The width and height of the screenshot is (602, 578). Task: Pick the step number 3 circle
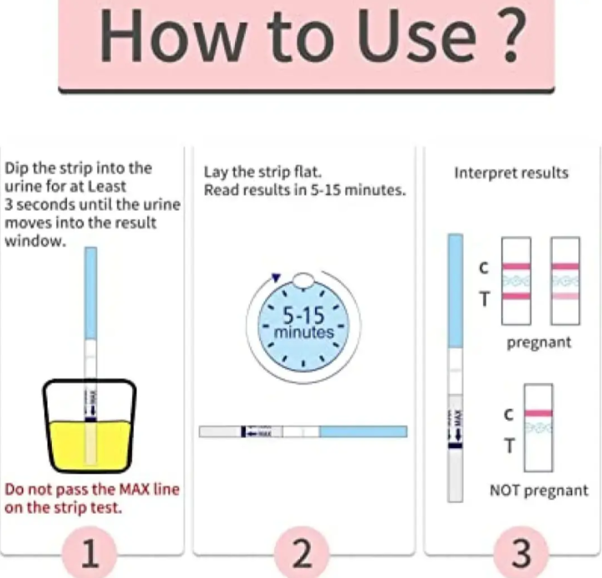click(520, 553)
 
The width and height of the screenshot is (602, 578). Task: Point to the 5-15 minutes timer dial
click(304, 324)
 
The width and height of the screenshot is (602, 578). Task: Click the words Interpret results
click(511, 173)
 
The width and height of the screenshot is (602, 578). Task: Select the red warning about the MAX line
click(92, 498)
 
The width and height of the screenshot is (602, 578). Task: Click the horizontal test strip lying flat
click(303, 432)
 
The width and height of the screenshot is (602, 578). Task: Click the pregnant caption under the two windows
click(538, 342)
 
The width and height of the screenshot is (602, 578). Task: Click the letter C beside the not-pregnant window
click(508, 413)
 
